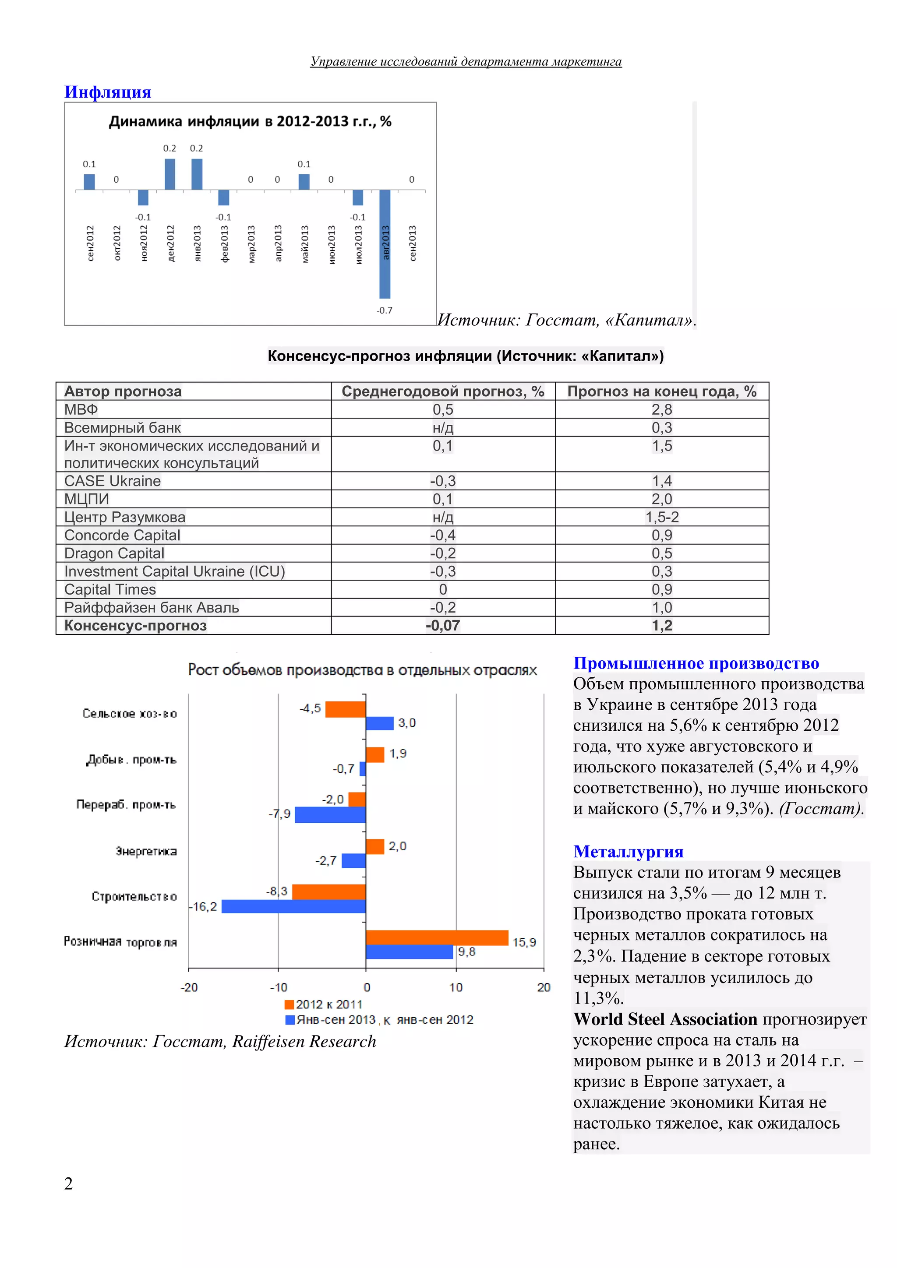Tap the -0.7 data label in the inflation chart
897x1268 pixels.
tap(385, 310)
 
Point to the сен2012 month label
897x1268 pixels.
tap(90, 243)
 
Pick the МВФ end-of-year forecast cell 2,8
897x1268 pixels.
tap(662, 409)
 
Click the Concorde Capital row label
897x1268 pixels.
tap(122, 535)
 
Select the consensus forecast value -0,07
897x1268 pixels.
tap(442, 626)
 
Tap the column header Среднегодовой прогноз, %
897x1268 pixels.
tap(443, 391)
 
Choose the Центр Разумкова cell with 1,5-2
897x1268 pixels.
tap(662, 517)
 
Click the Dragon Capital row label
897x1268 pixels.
tap(114, 553)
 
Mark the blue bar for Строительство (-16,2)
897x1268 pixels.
tap(293, 906)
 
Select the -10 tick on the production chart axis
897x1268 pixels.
tap(279, 987)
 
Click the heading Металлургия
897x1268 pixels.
tap(628, 851)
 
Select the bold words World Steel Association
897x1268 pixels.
tap(665, 1019)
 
